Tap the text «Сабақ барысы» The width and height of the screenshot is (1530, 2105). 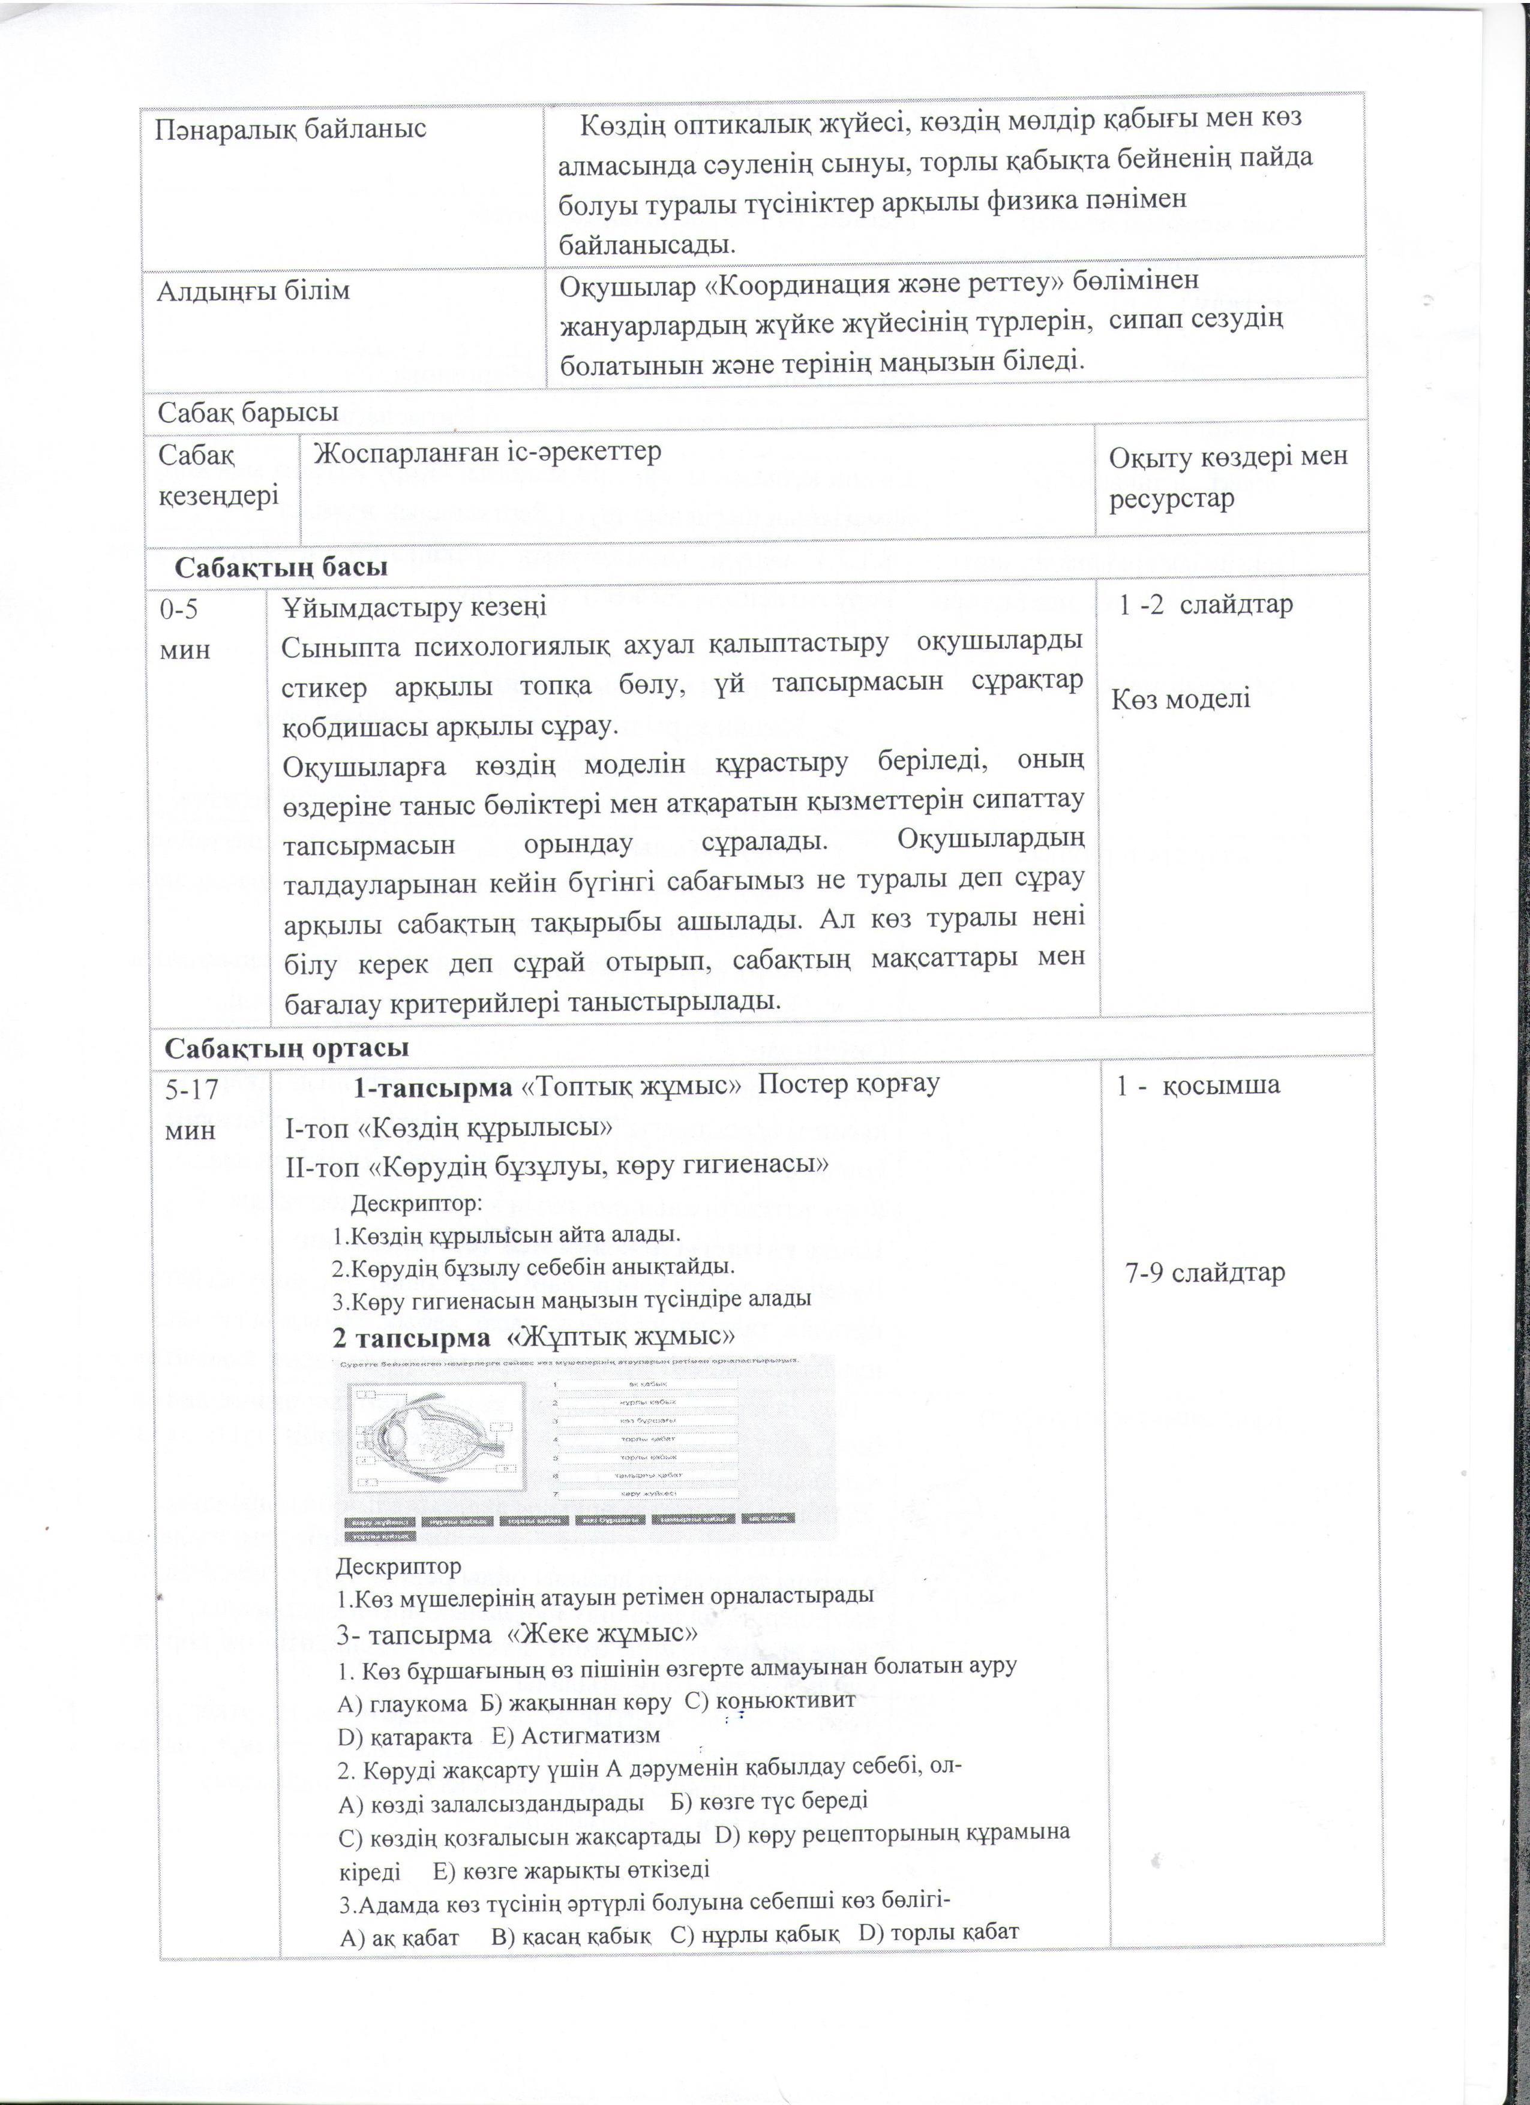[247, 412]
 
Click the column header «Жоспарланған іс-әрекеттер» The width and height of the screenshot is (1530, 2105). [487, 453]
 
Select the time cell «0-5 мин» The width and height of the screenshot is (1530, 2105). [185, 629]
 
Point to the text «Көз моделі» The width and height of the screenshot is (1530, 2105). [1181, 699]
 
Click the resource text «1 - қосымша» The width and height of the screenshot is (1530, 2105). [1198, 1085]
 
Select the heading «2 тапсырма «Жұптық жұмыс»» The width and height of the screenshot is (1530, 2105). [534, 1337]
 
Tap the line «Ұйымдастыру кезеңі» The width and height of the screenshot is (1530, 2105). [415, 607]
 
